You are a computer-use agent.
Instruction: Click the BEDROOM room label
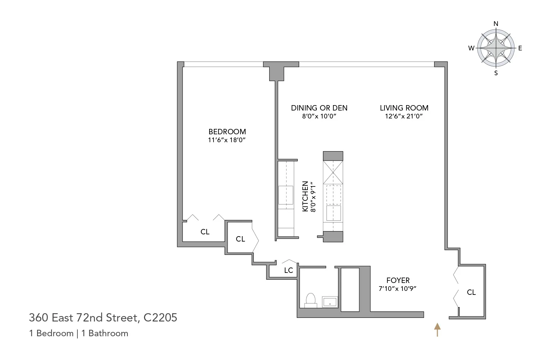coord(227,132)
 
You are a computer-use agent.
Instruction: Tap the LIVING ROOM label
coord(404,108)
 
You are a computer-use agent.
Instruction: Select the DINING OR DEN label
coord(319,108)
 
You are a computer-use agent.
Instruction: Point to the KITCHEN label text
coord(305,196)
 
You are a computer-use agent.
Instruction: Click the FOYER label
coord(398,280)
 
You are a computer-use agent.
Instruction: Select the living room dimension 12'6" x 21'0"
coord(404,116)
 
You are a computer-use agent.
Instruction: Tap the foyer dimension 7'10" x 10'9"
coord(398,289)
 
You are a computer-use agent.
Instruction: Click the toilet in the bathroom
coord(310,300)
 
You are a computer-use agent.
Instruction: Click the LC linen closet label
coord(288,270)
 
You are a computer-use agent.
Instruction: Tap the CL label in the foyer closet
coord(471,292)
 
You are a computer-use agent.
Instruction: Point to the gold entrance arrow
coord(437,329)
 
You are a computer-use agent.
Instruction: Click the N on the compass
coord(496,24)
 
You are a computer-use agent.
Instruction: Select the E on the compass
coord(520,48)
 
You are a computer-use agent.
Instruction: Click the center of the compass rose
coord(496,48)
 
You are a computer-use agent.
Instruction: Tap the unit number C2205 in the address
coord(160,318)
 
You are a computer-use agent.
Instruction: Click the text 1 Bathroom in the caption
coord(105,333)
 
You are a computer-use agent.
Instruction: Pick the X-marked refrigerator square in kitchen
coord(333,172)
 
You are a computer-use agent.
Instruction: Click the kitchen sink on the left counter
coord(286,195)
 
